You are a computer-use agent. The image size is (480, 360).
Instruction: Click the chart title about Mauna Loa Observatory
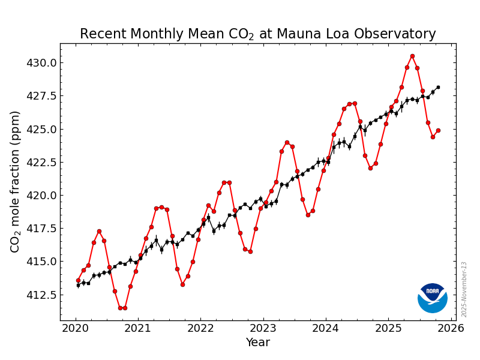pyautogui.click(x=257, y=34)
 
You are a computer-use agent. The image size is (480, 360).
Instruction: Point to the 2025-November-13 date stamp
pyautogui.click(x=464, y=289)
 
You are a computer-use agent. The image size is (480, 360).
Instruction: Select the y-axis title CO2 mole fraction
pyautogui.click(x=16, y=181)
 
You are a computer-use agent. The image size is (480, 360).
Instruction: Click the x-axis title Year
pyautogui.click(x=257, y=343)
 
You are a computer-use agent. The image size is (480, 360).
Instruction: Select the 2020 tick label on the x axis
pyautogui.click(x=76, y=328)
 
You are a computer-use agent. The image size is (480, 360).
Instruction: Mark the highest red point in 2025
pyautogui.click(x=412, y=56)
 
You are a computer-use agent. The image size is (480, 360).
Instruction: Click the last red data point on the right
pyautogui.click(x=438, y=130)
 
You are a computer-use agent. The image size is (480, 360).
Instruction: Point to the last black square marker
pyautogui.click(x=438, y=87)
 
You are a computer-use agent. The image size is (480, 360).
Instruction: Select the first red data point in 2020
pyautogui.click(x=78, y=280)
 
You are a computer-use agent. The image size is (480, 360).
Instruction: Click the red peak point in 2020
pyautogui.click(x=99, y=231)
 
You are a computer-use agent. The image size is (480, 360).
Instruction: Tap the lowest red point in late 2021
pyautogui.click(x=182, y=284)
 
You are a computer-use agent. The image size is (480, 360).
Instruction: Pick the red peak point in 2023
pyautogui.click(x=287, y=142)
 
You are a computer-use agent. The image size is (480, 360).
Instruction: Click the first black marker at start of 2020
pyautogui.click(x=78, y=285)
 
